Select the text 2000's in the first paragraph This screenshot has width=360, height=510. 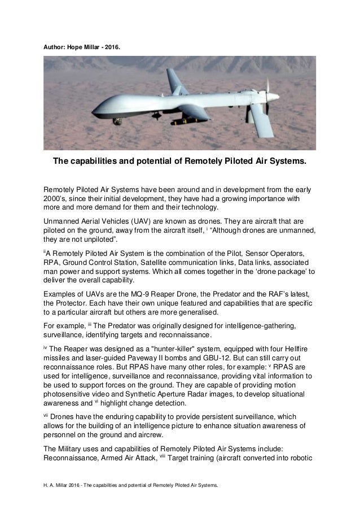coord(56,199)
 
